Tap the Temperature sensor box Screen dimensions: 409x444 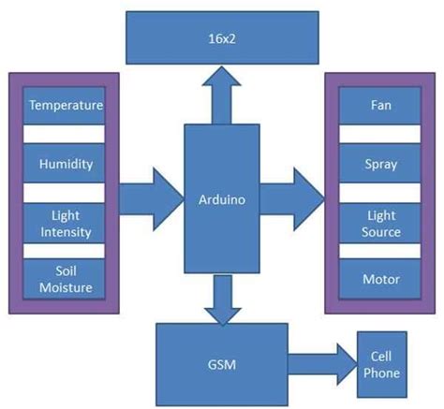(65, 106)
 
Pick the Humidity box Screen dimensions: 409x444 (65, 164)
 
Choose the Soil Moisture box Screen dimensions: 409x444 (65, 280)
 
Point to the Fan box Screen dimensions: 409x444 (380, 106)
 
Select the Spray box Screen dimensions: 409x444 (380, 164)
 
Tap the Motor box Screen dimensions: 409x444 (380, 280)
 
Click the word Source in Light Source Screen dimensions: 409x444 (380, 231)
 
